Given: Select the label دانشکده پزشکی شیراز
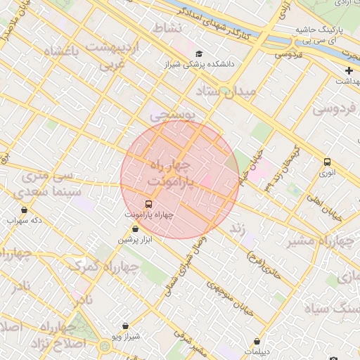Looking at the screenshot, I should click(x=200, y=65).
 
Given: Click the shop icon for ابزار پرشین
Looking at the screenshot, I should click(x=136, y=229).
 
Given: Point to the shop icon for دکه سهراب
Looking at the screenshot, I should click(x=25, y=210).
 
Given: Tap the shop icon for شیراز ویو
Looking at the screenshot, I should click(x=125, y=326).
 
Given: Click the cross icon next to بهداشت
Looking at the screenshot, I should click(x=349, y=70).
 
